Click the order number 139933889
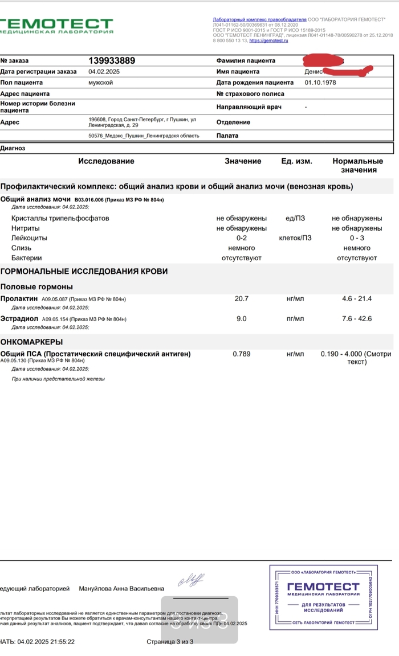(112, 61)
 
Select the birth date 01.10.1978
(320, 83)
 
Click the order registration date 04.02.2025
(104, 72)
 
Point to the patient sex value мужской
(100, 83)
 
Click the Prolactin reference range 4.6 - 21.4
(356, 298)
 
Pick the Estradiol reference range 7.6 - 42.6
(356, 318)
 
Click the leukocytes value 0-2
(241, 238)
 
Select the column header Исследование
(106, 161)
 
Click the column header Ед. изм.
(296, 161)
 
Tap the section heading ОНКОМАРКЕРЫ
(32, 342)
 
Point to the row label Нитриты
(26, 228)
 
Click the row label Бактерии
(27, 258)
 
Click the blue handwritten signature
(191, 580)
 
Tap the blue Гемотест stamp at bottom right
(323, 596)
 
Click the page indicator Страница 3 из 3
(170, 642)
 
